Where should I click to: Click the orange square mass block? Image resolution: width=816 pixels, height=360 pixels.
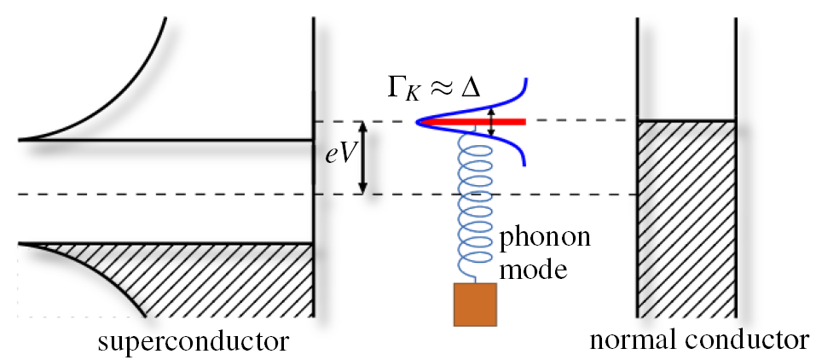pyautogui.click(x=474, y=303)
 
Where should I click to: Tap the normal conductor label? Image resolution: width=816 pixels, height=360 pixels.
pyautogui.click(x=698, y=340)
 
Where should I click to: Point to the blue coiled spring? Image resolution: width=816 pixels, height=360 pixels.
pyautogui.click(x=474, y=205)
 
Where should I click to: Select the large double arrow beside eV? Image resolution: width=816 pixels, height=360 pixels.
pyautogui.click(x=364, y=158)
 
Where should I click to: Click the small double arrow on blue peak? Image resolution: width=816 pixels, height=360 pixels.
pyautogui.click(x=492, y=123)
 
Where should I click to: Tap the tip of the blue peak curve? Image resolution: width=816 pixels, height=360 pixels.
pyautogui.click(x=419, y=123)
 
